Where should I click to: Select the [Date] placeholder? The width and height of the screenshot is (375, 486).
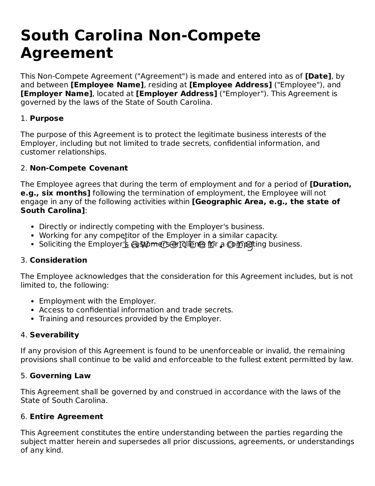pos(318,76)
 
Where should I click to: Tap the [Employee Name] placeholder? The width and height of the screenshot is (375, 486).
pos(107,85)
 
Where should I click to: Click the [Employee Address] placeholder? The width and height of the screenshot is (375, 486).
pos(230,85)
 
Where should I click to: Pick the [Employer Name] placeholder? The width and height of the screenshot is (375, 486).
pos(56,94)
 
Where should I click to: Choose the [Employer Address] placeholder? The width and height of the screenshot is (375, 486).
pos(176,94)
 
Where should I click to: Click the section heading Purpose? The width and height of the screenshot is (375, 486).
pos(47,119)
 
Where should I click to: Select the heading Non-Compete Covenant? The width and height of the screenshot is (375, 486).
pos(79,168)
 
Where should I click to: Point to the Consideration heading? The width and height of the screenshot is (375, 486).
pos(58,261)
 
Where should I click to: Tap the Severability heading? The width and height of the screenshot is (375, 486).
pos(54,335)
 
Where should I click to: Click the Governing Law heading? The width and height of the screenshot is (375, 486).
pos(60,376)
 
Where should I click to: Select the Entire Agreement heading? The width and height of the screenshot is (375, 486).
pos(66,417)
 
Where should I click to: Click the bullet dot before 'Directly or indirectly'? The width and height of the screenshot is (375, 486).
pos(33,227)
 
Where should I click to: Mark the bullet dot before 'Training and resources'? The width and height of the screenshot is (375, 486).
pos(33,319)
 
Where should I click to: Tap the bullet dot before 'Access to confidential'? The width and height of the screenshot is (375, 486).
pos(33,310)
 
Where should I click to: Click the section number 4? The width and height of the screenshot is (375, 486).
pos(23,335)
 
